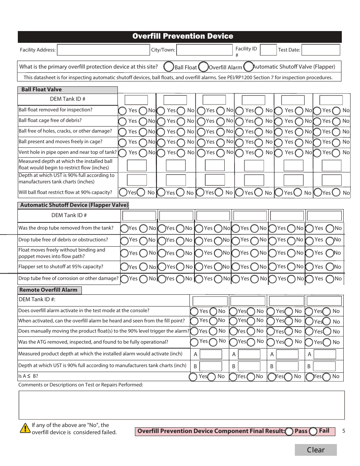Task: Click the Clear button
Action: (x=316, y=450)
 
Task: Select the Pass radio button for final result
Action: (x=289, y=431)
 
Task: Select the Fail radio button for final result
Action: (x=313, y=431)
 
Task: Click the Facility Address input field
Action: (x=103, y=50)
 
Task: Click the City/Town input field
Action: (x=204, y=50)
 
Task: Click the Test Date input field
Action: (x=321, y=50)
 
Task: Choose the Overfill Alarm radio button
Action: (x=203, y=67)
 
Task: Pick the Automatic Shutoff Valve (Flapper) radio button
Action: (x=249, y=67)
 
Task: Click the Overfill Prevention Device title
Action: (x=183, y=36)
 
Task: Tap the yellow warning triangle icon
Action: (x=25, y=428)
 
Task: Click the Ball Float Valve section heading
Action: (x=41, y=90)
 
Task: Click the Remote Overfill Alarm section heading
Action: (x=48, y=290)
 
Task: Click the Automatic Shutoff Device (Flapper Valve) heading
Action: (x=74, y=205)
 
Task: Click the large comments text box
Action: (x=182, y=405)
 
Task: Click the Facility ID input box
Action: (x=268, y=50)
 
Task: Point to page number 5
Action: (x=343, y=431)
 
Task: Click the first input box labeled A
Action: (x=210, y=355)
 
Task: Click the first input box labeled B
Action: (x=210, y=366)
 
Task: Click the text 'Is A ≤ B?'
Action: (x=28, y=377)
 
